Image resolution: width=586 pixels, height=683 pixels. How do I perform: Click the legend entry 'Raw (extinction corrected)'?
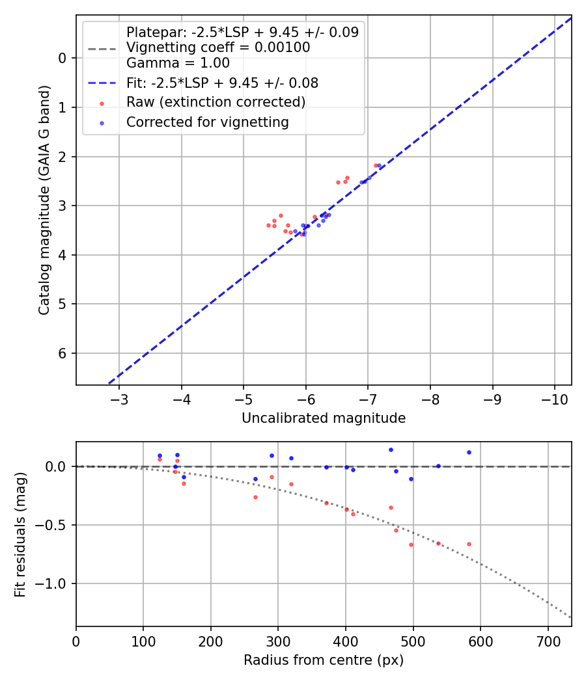coord(216,102)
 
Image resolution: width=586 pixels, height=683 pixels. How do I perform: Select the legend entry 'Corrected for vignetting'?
coord(207,122)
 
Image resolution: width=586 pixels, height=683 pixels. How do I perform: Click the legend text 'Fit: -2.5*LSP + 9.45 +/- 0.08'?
coord(222,83)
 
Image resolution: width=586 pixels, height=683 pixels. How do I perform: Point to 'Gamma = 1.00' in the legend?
coord(178,63)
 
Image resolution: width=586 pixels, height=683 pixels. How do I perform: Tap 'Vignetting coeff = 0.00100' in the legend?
coord(218,47)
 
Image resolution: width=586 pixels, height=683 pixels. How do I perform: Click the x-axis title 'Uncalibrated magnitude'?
coord(324,418)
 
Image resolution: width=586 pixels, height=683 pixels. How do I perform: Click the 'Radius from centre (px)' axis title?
coord(324,660)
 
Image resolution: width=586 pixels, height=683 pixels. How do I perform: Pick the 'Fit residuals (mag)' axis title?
coord(20,534)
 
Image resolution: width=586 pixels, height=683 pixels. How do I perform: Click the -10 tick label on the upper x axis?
coord(554,398)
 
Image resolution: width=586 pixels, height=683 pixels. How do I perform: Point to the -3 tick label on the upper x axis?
coord(119,398)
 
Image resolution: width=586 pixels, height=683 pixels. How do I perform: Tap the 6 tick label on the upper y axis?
coord(63,353)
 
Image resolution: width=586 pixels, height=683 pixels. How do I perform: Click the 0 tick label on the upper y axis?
coord(63,59)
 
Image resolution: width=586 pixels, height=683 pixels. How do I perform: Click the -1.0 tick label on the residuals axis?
coord(54,583)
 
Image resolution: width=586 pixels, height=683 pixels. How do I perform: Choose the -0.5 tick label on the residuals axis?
coord(54,525)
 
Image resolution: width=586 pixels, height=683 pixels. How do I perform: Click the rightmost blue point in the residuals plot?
coord(469,452)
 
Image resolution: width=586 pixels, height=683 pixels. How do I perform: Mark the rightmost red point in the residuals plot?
coord(469,544)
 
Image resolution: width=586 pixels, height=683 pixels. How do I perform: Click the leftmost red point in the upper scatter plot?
coord(268,225)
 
